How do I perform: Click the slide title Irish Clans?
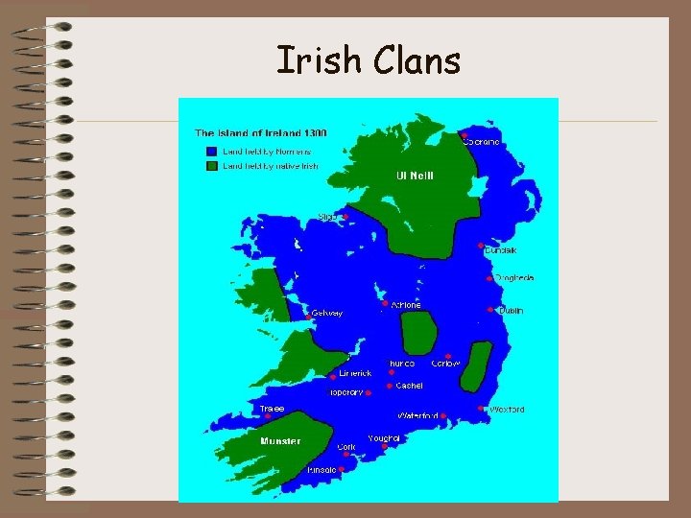(x=369, y=60)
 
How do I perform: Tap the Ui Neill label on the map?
(x=415, y=176)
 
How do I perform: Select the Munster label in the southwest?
(x=280, y=441)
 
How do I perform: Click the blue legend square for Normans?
(x=210, y=152)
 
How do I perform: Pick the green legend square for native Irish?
(x=210, y=165)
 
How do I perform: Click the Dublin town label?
(x=511, y=311)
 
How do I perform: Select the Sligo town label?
(x=328, y=217)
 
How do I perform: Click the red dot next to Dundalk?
(x=481, y=245)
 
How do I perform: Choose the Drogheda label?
(x=514, y=278)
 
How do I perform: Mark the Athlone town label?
(x=406, y=305)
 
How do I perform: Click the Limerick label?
(x=355, y=373)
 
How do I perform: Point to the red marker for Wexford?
(x=481, y=408)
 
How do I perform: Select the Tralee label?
(x=272, y=409)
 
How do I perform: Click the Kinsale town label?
(x=322, y=470)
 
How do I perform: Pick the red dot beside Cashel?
(x=389, y=386)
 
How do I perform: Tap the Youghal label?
(x=384, y=437)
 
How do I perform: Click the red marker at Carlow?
(x=448, y=356)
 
